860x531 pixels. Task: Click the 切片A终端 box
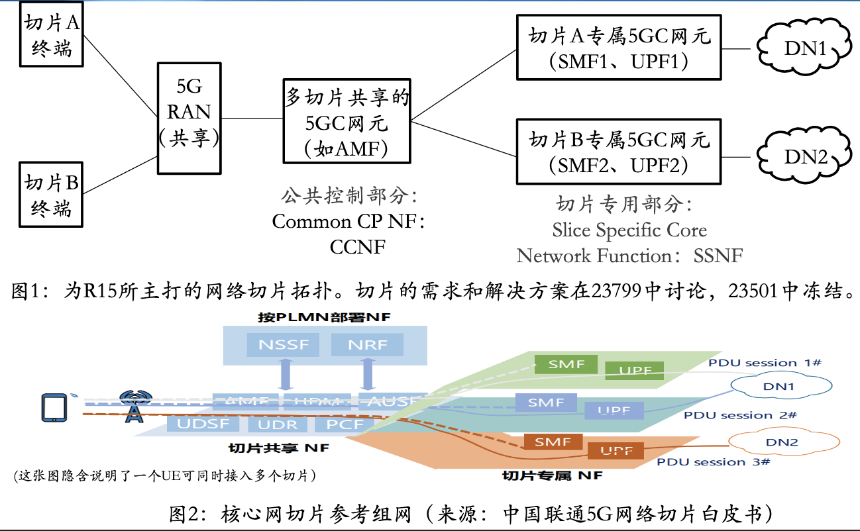tap(52, 35)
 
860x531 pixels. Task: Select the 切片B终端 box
tap(52, 195)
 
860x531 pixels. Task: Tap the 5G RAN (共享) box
tap(190, 118)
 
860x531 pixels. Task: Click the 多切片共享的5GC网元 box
tap(347, 122)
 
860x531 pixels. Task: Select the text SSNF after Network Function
tap(718, 256)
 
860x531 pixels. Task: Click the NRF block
tap(367, 345)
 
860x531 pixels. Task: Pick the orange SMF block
tap(553, 442)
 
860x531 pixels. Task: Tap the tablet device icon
tap(54, 407)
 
